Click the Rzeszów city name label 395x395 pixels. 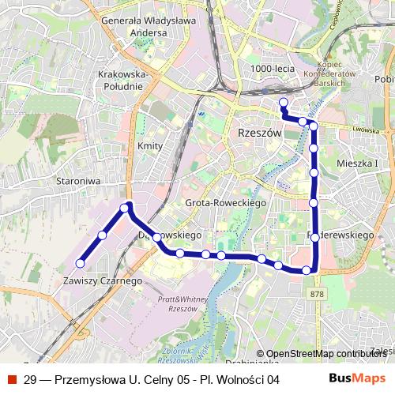259,134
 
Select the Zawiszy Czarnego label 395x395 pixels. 102,280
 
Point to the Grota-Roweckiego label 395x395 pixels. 224,203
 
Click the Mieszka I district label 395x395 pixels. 357,164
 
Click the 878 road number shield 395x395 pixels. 317,294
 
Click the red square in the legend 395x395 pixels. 10,379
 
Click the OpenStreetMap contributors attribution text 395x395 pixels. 325,353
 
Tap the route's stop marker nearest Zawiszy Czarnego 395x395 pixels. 80,263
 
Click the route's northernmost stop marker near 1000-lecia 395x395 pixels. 284,101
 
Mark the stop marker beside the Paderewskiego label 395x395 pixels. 314,237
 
